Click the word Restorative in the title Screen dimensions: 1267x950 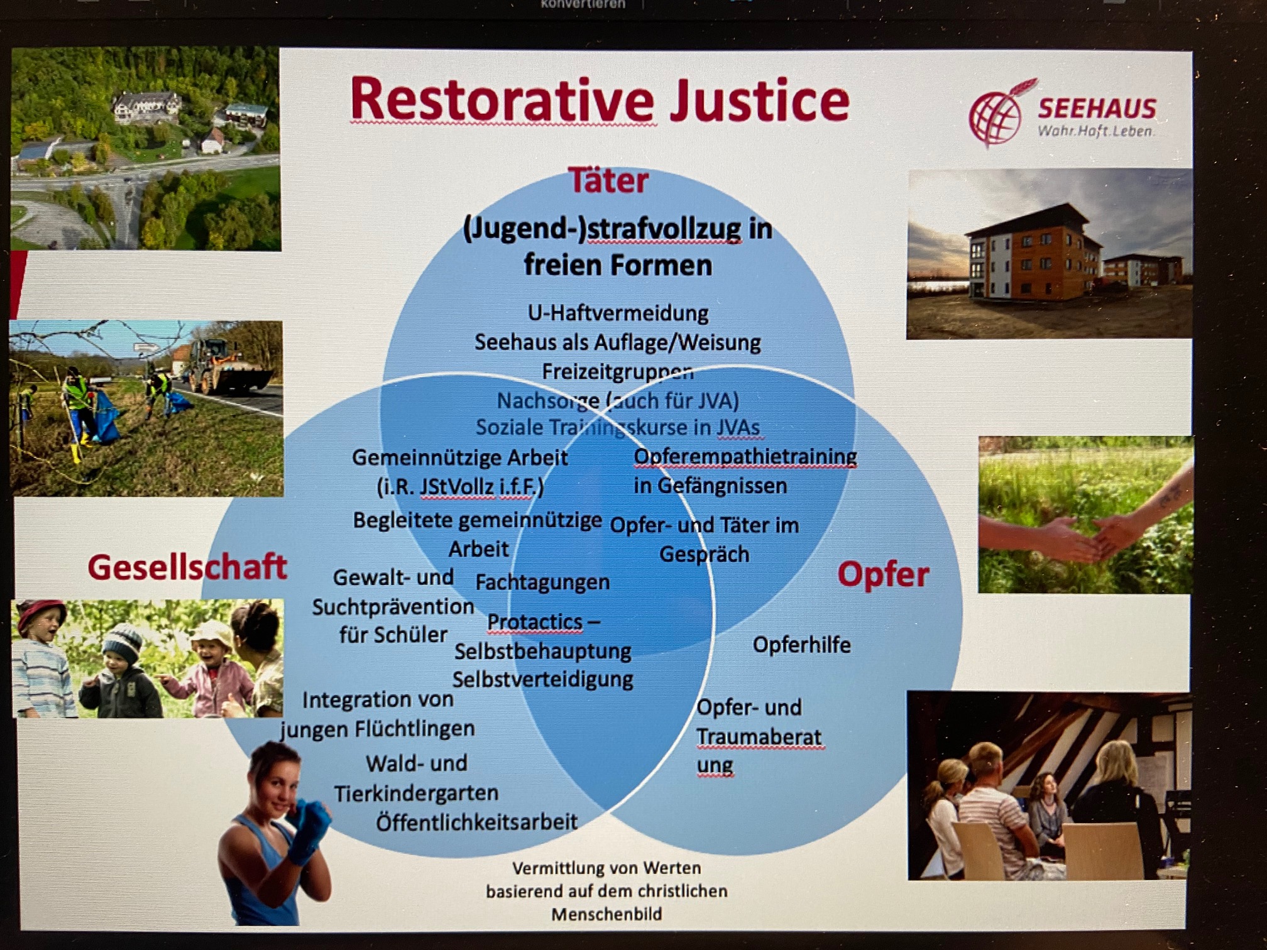tap(503, 100)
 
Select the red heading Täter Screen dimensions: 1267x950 tap(608, 181)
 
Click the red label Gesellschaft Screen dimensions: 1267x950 tap(187, 567)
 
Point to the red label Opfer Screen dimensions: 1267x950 tap(883, 575)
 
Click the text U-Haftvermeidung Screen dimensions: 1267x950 tap(618, 312)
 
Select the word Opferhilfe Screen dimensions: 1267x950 tap(801, 645)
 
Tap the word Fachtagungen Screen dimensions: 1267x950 tap(542, 582)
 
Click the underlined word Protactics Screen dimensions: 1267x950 tap(535, 622)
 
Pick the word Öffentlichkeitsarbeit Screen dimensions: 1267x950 tap(476, 822)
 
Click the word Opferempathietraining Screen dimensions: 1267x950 tap(745, 457)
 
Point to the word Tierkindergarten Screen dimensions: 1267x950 tap(416, 793)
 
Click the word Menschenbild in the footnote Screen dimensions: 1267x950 tap(606, 914)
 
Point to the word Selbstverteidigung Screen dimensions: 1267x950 tap(542, 679)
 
